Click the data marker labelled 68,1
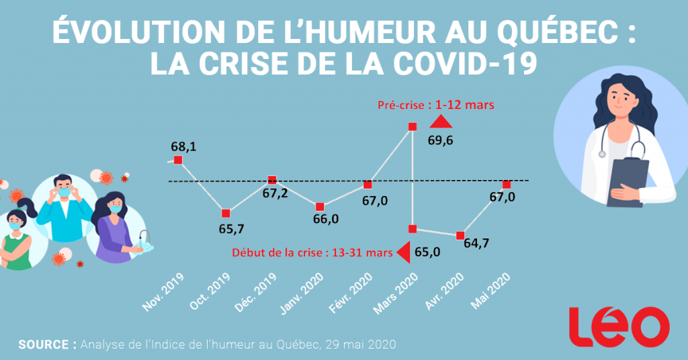[x=178, y=159]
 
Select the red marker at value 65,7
[x=226, y=213]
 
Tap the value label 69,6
[x=441, y=140]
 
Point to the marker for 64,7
[x=460, y=235]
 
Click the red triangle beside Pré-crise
[x=440, y=121]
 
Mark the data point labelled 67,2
[x=272, y=180]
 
